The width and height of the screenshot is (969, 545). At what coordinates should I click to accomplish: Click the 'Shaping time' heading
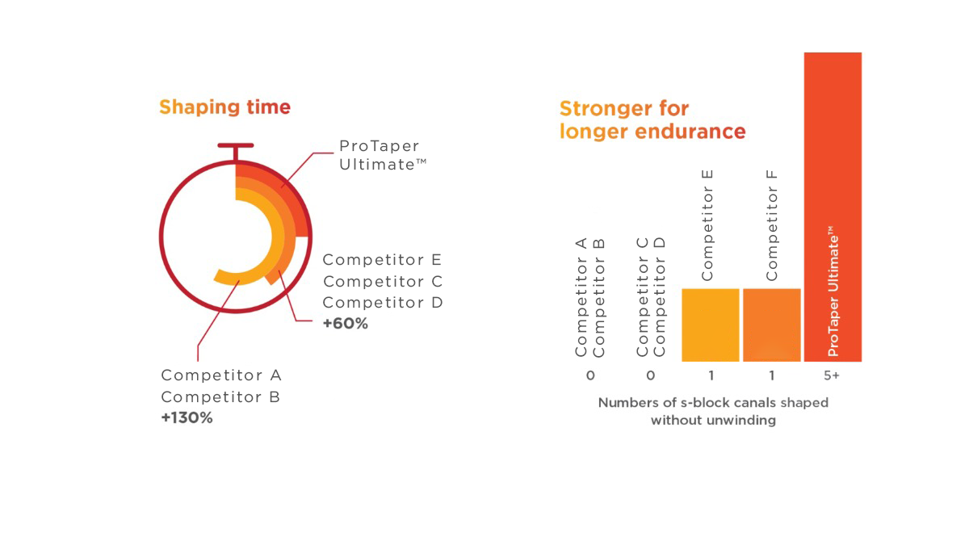pyautogui.click(x=225, y=107)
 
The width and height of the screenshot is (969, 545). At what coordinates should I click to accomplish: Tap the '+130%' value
pyautogui.click(x=187, y=418)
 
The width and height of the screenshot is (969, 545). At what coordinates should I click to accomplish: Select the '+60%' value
pyautogui.click(x=346, y=324)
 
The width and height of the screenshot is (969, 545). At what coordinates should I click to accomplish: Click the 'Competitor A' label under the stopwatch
pyautogui.click(x=221, y=375)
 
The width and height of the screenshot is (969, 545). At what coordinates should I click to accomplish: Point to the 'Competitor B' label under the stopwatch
pyautogui.click(x=220, y=396)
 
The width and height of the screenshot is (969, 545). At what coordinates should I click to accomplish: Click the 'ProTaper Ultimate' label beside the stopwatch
pyautogui.click(x=383, y=155)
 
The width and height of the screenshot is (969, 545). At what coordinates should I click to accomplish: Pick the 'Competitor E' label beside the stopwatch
pyautogui.click(x=382, y=259)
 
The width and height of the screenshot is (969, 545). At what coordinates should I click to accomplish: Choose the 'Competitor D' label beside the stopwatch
pyautogui.click(x=383, y=302)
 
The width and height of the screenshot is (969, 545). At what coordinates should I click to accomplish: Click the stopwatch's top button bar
pyautogui.click(x=236, y=145)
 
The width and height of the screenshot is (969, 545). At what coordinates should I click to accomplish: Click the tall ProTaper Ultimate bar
pyautogui.click(x=833, y=207)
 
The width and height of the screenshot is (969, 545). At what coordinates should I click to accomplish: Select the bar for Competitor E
pyautogui.click(x=711, y=325)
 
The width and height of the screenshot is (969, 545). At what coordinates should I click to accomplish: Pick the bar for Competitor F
pyautogui.click(x=772, y=325)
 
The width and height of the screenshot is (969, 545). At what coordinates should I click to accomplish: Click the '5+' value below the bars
pyautogui.click(x=832, y=375)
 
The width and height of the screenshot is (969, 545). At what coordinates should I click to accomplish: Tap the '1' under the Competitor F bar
pyautogui.click(x=772, y=375)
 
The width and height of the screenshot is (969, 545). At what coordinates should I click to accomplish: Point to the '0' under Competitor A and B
pyautogui.click(x=590, y=375)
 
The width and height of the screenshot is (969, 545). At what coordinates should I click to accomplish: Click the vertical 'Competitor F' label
pyautogui.click(x=772, y=225)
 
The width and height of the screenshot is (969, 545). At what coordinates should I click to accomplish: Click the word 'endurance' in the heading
pyautogui.click(x=690, y=131)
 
